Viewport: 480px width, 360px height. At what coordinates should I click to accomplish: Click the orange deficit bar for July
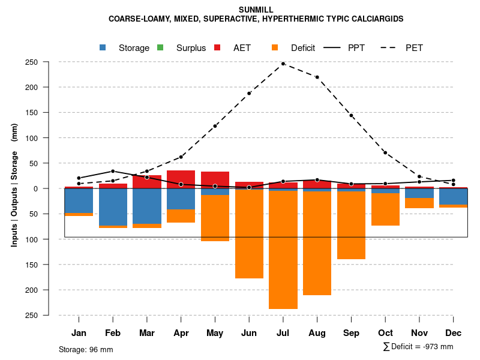(283, 250)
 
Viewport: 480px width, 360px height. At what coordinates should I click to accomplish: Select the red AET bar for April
(181, 179)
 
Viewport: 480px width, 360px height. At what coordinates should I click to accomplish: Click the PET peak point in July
(283, 64)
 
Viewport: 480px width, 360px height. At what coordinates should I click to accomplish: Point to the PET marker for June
(249, 93)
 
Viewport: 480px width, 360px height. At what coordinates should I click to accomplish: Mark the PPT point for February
(113, 171)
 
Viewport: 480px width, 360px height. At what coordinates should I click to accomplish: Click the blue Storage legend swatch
(103, 48)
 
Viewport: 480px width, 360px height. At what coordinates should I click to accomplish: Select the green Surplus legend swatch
(160, 48)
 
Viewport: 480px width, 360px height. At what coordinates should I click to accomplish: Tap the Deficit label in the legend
(303, 48)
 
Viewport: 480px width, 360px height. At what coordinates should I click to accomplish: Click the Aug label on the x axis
(317, 333)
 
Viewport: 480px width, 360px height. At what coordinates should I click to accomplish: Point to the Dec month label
(454, 333)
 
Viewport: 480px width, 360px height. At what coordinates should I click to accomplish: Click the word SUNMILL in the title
(256, 10)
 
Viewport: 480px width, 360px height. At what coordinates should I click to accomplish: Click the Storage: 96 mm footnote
(86, 349)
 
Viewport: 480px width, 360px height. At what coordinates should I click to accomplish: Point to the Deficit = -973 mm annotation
(418, 347)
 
